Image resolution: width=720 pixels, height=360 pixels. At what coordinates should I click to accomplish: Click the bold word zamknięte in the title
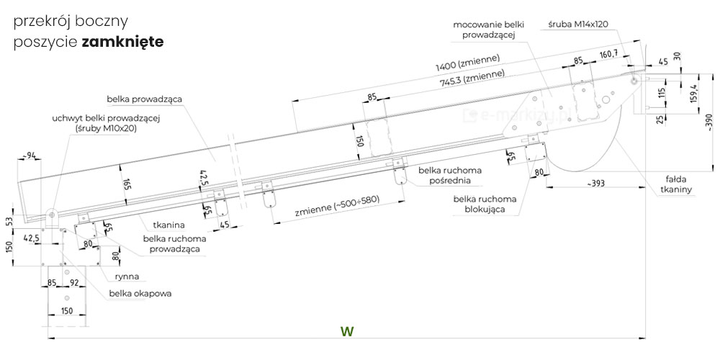coord(122,42)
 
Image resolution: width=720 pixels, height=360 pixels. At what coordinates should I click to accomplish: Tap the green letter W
coord(348,331)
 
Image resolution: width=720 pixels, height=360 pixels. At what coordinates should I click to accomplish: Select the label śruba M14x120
coord(577,24)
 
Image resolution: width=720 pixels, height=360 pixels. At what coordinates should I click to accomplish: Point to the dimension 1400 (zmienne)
coord(468,63)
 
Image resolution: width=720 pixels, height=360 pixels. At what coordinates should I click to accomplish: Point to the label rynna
coord(127,276)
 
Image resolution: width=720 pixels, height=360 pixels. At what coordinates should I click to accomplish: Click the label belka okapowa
coord(140,293)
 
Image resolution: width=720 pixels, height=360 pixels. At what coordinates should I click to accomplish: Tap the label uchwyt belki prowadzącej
coord(105,123)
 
